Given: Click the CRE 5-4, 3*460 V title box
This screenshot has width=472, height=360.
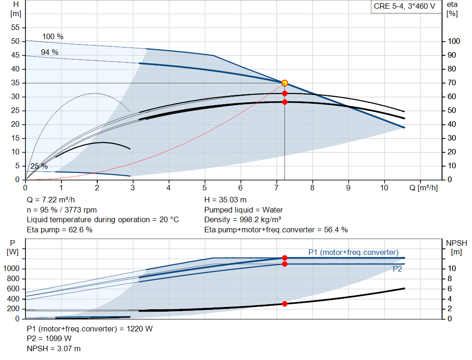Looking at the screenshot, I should coord(404,7).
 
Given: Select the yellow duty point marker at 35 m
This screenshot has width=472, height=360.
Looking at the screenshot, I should coord(284,83).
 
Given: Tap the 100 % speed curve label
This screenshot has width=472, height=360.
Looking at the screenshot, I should coord(53,37).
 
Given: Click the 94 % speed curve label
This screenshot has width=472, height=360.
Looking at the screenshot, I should coord(50,53).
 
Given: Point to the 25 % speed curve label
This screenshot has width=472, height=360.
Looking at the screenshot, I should coord(39,166).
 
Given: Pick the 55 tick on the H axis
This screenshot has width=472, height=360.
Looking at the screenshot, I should coord(16,28).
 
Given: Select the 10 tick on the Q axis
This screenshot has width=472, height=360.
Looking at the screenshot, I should coord(384,188).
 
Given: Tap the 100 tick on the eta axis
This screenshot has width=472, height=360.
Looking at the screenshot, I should coord(454,41).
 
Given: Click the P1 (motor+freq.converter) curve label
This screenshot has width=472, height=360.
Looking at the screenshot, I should coord(353,252).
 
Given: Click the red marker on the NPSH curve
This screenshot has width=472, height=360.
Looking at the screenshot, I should coord(284,304).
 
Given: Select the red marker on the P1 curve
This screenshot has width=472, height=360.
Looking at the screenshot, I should coord(284,258).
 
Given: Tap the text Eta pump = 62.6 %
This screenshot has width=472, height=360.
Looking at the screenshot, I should coord(59,230).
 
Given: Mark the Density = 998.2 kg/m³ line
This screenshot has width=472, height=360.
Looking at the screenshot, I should coord(244,220).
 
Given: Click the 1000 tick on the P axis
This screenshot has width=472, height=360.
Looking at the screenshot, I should coord(14,269).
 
